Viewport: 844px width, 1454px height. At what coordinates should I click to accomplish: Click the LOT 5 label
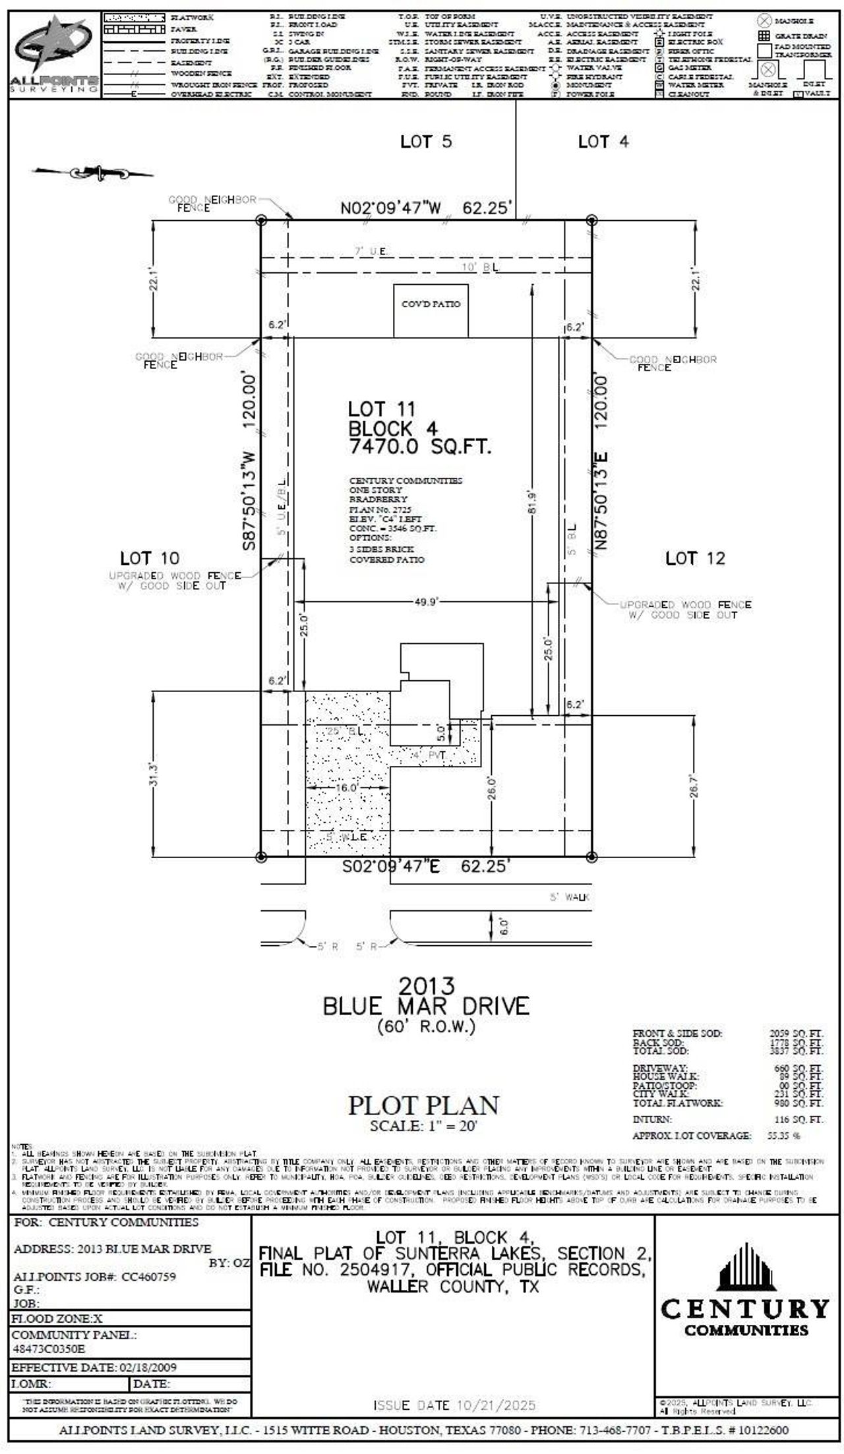pyautogui.click(x=426, y=142)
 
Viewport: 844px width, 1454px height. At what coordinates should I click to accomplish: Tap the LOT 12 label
pyautogui.click(x=694, y=558)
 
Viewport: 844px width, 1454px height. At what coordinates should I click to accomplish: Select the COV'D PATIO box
pyautogui.click(x=431, y=310)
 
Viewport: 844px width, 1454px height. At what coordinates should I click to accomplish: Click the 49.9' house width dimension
pyautogui.click(x=426, y=601)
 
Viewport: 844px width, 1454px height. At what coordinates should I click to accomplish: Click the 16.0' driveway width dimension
pyautogui.click(x=347, y=788)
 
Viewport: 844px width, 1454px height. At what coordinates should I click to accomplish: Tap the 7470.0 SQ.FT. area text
pyautogui.click(x=420, y=447)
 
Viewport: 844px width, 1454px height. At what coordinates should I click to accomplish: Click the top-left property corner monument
pyautogui.click(x=261, y=220)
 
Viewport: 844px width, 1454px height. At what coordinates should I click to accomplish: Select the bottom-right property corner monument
pyautogui.click(x=591, y=857)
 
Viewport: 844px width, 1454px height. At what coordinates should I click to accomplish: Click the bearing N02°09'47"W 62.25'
pyautogui.click(x=425, y=208)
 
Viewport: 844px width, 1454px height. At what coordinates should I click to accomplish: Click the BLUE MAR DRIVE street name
pyautogui.click(x=425, y=1006)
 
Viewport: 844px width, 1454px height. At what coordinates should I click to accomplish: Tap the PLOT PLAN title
pyautogui.click(x=423, y=1105)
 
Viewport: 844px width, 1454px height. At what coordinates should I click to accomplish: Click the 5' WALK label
pyautogui.click(x=570, y=897)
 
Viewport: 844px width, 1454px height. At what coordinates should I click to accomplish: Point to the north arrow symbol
pyautogui.click(x=92, y=173)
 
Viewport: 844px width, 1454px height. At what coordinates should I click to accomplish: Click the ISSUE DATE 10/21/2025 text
pyautogui.click(x=454, y=1406)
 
